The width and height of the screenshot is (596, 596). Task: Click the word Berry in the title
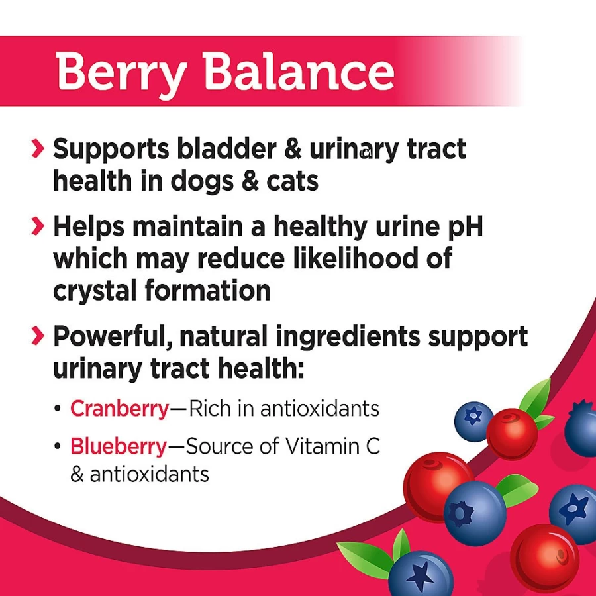tap(121, 74)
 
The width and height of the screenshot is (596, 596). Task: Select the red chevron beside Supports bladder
tap(38, 148)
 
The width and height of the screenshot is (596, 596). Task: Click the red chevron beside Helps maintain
tap(38, 226)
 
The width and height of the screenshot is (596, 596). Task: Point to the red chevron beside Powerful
tap(38, 336)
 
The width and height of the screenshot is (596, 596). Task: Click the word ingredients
tap(348, 338)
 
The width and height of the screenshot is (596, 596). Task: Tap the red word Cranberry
tap(120, 409)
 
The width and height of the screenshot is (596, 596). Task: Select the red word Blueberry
tap(119, 446)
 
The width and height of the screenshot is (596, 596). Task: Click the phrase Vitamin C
tap(332, 446)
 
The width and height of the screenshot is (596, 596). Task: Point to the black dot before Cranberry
tap(58, 409)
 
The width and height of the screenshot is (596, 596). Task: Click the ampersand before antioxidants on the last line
tap(77, 474)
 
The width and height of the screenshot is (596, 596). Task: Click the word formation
tap(207, 290)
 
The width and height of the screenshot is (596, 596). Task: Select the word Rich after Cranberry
tap(210, 409)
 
